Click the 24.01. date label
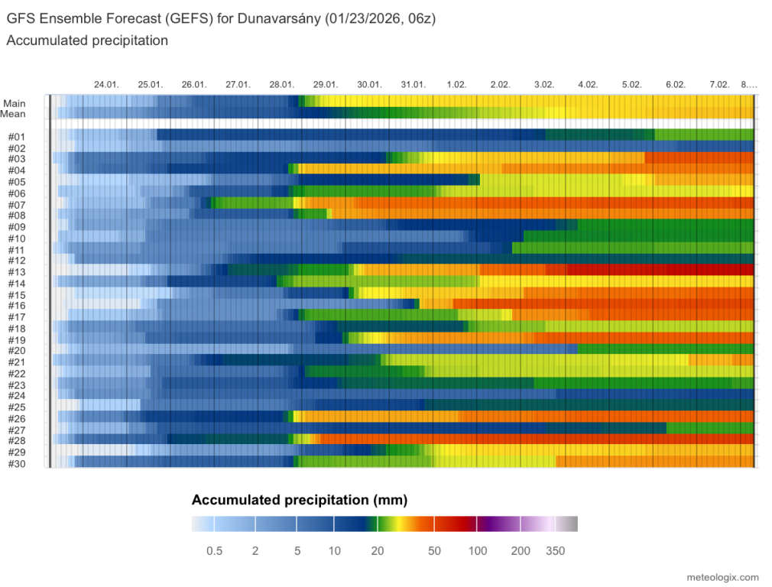(x=106, y=84)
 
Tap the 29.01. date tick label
(x=326, y=84)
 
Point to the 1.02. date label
(x=457, y=84)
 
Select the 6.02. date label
(x=676, y=84)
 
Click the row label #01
(x=17, y=137)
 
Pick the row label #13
(x=17, y=271)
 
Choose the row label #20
(x=17, y=350)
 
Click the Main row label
(x=14, y=103)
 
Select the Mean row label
(x=14, y=114)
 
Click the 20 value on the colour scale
(x=376, y=551)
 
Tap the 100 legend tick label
(x=478, y=551)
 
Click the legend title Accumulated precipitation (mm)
(x=300, y=501)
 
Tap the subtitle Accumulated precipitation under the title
(x=87, y=41)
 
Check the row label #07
(x=17, y=204)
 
